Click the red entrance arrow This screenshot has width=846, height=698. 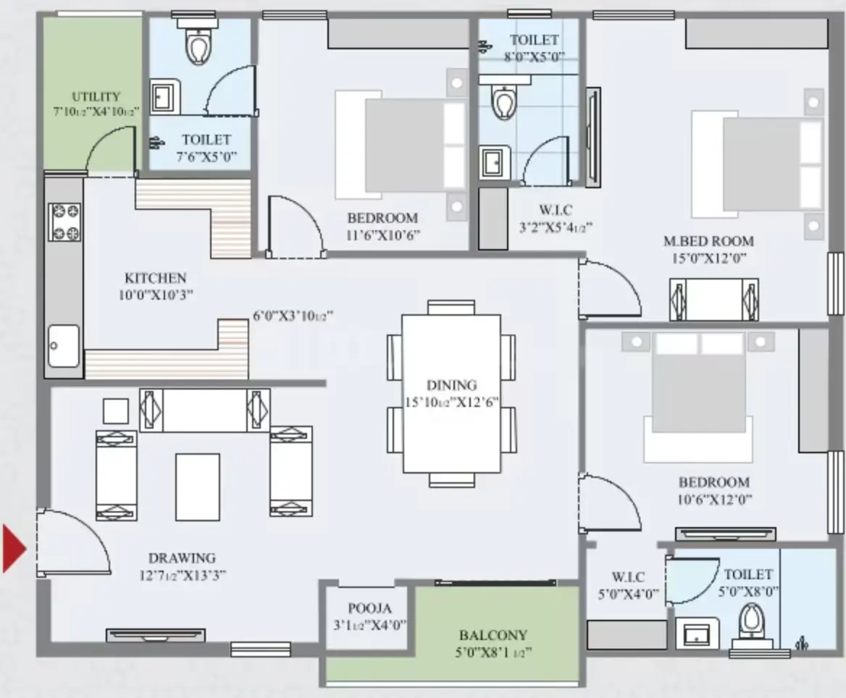point(14,548)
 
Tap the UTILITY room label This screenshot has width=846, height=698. point(96,96)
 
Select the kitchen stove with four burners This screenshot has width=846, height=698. point(64,222)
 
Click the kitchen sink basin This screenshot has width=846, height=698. point(64,346)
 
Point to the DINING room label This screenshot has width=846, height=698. point(451,385)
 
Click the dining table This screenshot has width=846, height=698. point(451,394)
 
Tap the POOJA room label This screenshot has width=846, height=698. point(369,608)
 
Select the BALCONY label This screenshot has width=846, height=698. point(493,635)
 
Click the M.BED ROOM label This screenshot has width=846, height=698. point(708,241)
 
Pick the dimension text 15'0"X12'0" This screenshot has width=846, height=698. point(708,258)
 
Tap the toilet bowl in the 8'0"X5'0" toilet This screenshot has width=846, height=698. point(504,101)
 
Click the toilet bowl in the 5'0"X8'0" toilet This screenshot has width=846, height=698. point(750,621)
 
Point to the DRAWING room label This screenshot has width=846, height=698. point(182,558)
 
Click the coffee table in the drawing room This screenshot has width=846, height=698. point(198,487)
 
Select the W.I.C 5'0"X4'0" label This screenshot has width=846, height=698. point(628,585)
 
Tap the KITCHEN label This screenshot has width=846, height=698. point(156,278)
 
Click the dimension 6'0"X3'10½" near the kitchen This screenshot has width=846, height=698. point(293,316)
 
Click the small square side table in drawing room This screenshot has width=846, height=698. point(116,411)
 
